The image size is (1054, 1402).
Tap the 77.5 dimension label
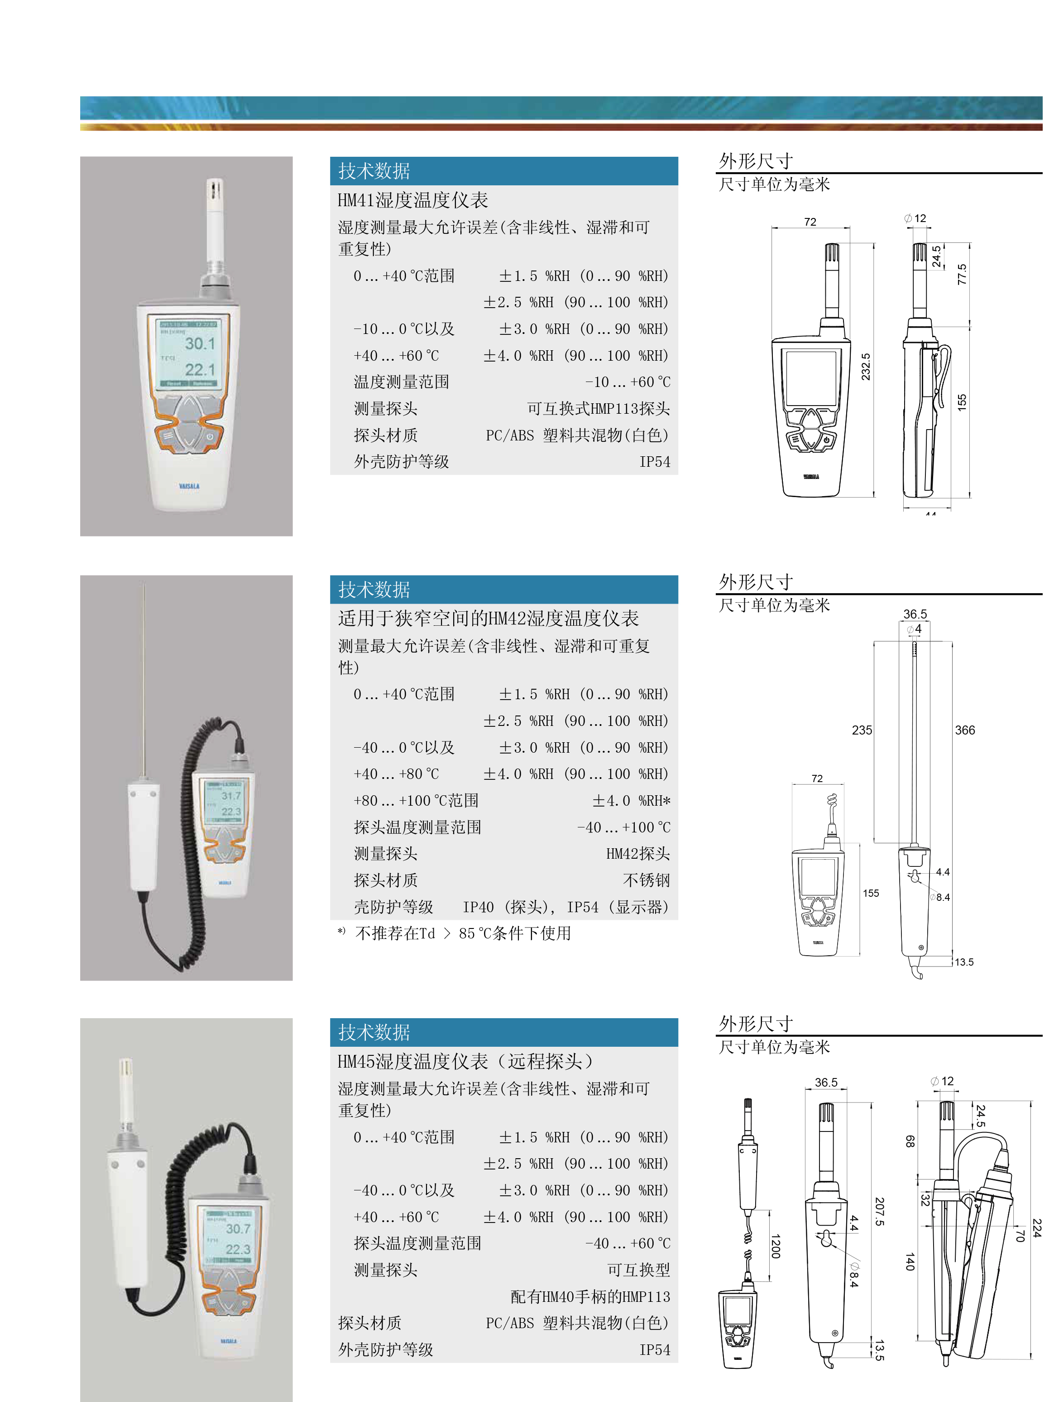click(962, 275)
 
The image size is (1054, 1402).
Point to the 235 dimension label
click(862, 730)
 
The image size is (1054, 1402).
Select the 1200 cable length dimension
click(775, 1246)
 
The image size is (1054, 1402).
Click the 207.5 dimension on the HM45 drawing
click(879, 1211)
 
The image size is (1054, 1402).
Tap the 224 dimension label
click(1036, 1228)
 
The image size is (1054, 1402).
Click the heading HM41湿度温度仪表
click(412, 200)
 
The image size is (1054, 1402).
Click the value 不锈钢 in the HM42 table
click(646, 880)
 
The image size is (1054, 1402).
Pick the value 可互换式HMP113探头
click(598, 409)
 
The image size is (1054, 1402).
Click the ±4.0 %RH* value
click(631, 801)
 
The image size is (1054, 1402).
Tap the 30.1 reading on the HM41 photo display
click(200, 343)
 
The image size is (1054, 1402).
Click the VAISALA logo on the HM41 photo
click(189, 486)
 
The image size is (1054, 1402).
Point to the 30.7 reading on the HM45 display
click(238, 1229)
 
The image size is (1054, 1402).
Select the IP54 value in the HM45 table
click(654, 1350)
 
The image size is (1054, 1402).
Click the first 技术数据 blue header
click(374, 171)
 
